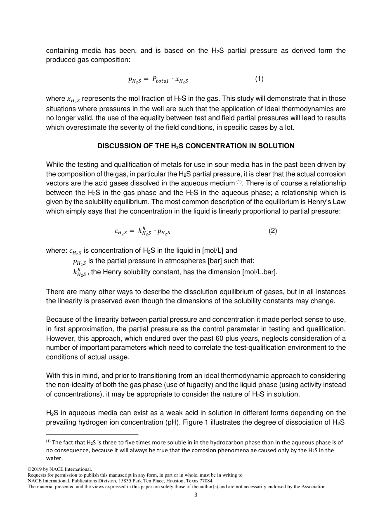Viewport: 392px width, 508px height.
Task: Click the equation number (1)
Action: pyautogui.click(x=259, y=78)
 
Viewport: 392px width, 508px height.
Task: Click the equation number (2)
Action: pyautogui.click(x=273, y=230)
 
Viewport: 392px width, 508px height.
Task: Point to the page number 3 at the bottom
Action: pyautogui.click(x=196, y=495)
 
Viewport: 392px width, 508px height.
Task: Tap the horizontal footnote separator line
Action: pyautogui.click(x=92, y=434)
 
